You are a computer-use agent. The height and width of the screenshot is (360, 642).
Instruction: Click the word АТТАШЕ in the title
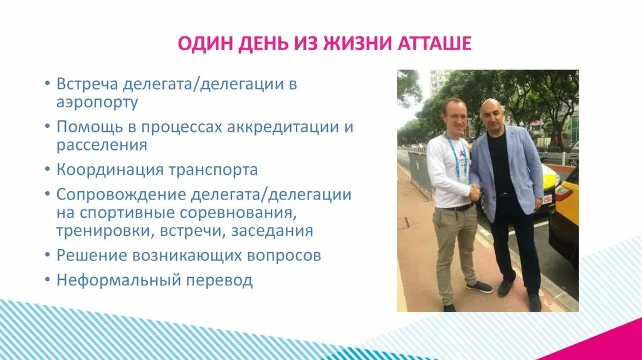[x=433, y=45]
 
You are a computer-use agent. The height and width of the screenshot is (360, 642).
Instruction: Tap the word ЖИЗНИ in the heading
[x=355, y=45]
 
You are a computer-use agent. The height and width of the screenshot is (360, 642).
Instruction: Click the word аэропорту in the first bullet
[x=97, y=102]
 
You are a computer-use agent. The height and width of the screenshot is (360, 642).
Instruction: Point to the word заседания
[x=271, y=231]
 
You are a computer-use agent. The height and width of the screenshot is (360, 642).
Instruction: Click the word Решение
[x=90, y=255]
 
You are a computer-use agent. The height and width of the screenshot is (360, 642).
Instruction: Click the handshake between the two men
[x=475, y=192]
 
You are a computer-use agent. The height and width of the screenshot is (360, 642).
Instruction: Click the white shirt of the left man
[x=446, y=172]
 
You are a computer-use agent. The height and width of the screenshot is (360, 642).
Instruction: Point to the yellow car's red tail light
[x=563, y=193]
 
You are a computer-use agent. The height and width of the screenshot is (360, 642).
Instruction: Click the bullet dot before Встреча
[x=48, y=85]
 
